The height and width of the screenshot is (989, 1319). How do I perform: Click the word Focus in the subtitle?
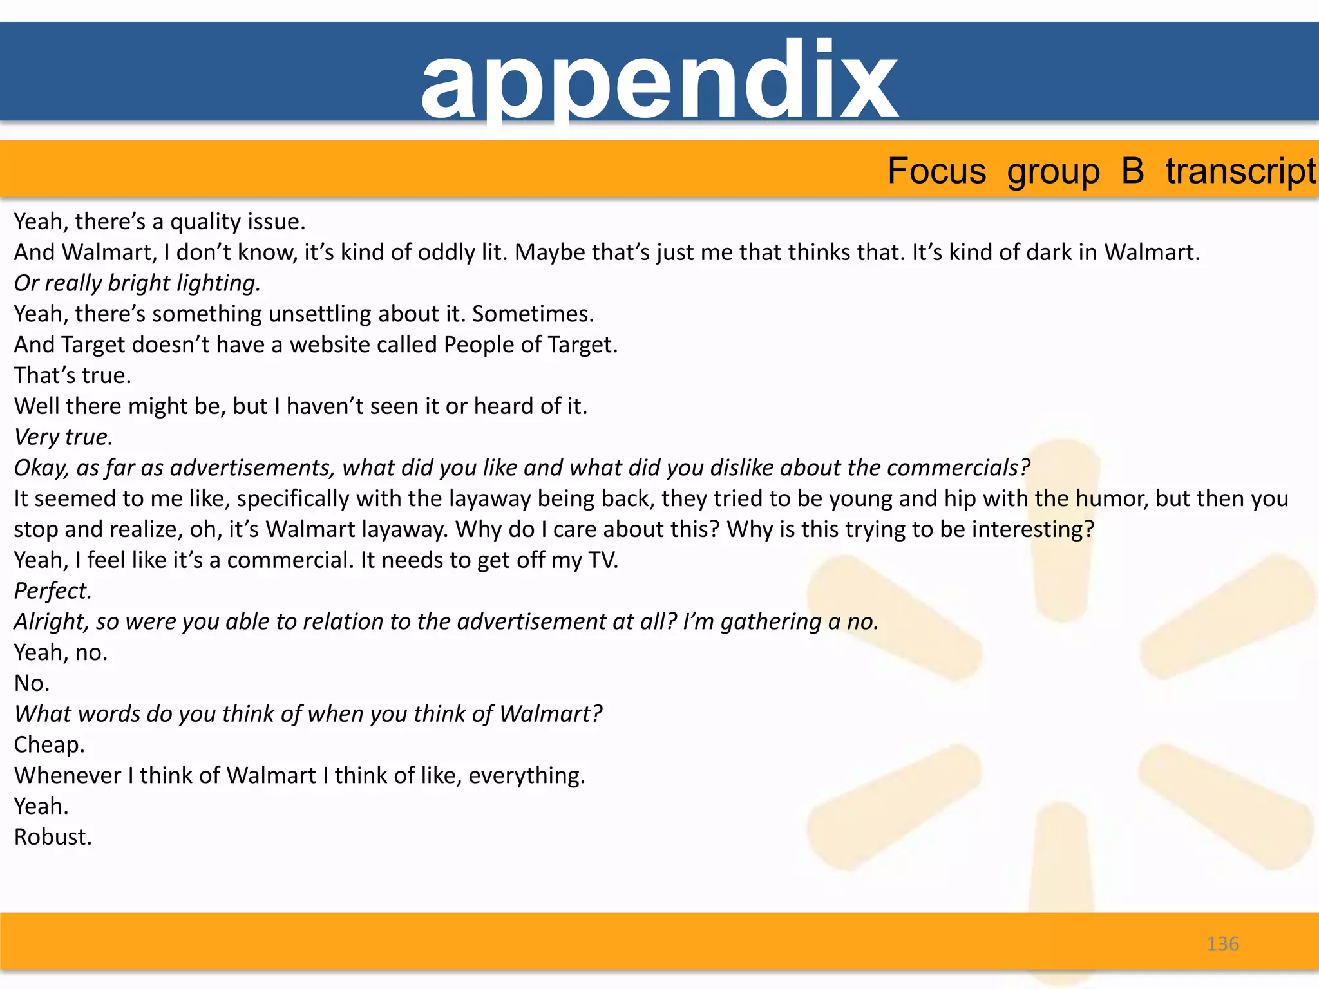pos(936,171)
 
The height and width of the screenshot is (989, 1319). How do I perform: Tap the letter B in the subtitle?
pos(1132,171)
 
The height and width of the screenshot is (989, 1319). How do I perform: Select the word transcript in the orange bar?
pos(1240,171)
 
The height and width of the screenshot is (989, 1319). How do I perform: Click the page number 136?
pos(1222,944)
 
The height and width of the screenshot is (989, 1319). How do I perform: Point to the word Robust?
pos(53,837)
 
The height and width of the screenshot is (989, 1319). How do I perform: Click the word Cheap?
pos(49,745)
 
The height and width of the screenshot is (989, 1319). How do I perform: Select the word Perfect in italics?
pos(53,591)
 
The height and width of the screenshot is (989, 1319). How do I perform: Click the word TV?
pos(603,560)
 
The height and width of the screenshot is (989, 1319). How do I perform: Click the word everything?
pos(526,776)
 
